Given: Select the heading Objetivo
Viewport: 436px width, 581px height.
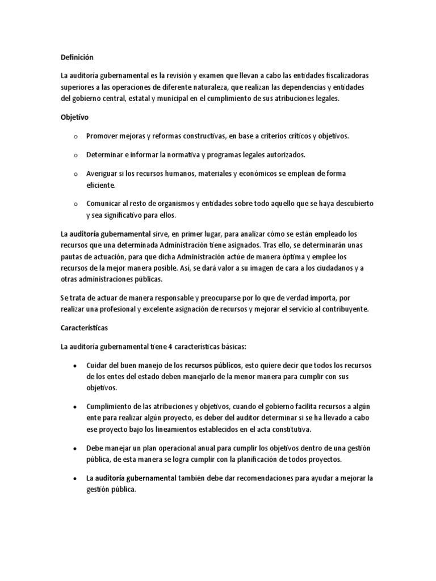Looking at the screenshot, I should pyautogui.click(x=74, y=117).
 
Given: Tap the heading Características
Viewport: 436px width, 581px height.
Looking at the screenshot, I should pyautogui.click(x=85, y=328).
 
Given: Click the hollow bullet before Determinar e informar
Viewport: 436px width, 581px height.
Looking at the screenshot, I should pyautogui.click(x=75, y=155).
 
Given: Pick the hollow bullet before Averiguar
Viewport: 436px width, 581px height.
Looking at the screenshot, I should pyautogui.click(x=75, y=174).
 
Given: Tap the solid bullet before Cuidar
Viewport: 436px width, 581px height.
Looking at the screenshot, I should pyautogui.click(x=76, y=365).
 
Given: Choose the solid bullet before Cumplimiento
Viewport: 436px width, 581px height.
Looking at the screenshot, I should pyautogui.click(x=76, y=407).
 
